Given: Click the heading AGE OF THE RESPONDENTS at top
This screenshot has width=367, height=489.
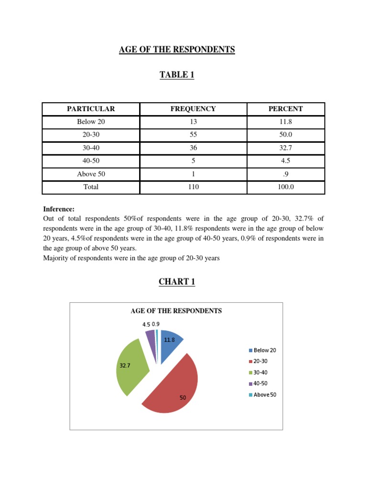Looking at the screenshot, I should (x=177, y=50).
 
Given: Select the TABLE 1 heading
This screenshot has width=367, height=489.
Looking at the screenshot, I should (x=177, y=74).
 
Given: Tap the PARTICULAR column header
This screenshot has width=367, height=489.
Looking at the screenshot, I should (x=91, y=109).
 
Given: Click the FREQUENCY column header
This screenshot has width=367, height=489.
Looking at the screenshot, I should (x=193, y=109).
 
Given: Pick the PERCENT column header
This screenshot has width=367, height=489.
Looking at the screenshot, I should (x=286, y=109).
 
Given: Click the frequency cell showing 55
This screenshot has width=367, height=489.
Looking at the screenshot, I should (x=193, y=135).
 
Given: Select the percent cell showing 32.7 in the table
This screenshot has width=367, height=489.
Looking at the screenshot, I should (x=286, y=148).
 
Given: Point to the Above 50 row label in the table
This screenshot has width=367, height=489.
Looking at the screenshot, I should (x=91, y=174).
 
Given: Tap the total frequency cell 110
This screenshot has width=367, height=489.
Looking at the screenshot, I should (x=193, y=187).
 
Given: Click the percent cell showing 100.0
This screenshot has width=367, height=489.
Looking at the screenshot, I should (x=286, y=187).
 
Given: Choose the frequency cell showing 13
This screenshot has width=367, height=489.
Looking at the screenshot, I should (x=193, y=122).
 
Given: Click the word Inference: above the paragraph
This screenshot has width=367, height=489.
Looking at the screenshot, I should (x=59, y=209).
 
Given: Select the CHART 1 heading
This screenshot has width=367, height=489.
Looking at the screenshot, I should (x=177, y=282).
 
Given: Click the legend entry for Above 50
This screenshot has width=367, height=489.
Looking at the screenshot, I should (x=262, y=395).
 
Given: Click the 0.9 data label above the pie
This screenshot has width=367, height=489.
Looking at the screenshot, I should (x=156, y=324).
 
